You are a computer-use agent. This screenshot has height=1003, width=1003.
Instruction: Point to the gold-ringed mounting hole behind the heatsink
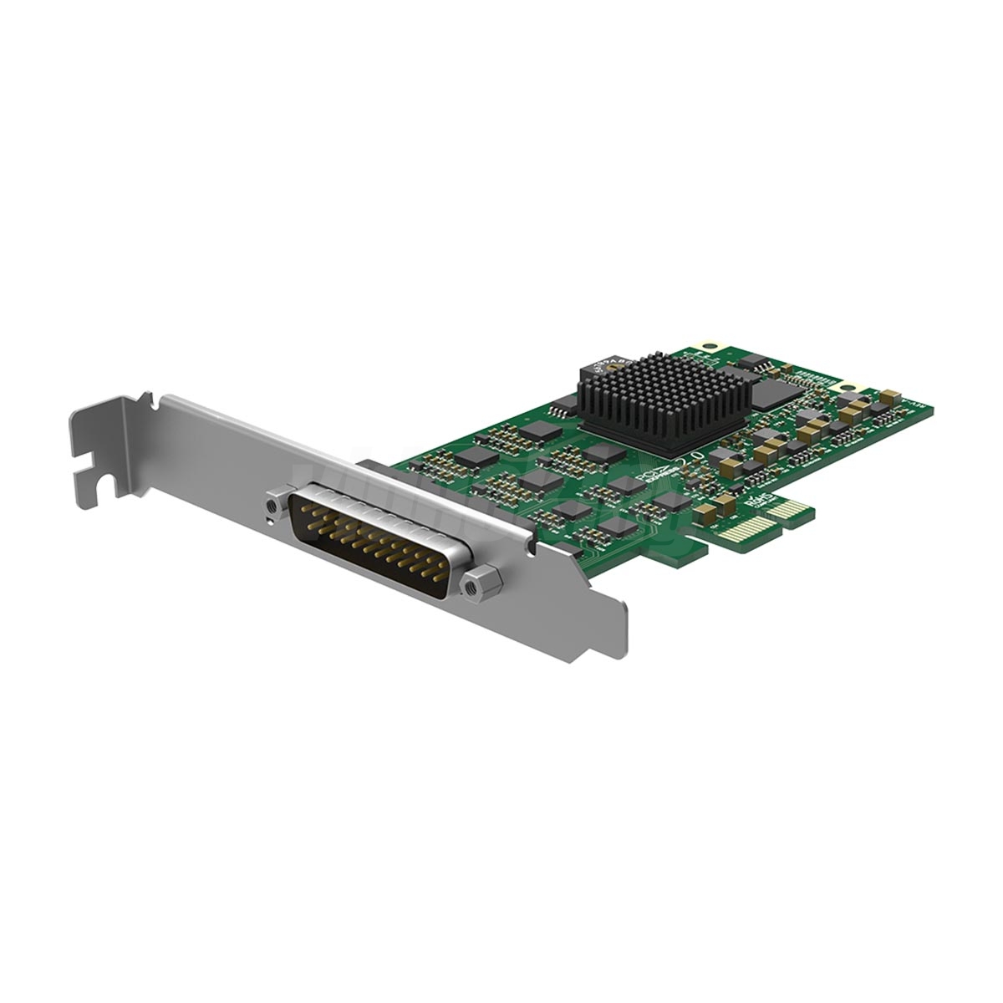711,344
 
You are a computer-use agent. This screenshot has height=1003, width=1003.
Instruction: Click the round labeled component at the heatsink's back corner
603,360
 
